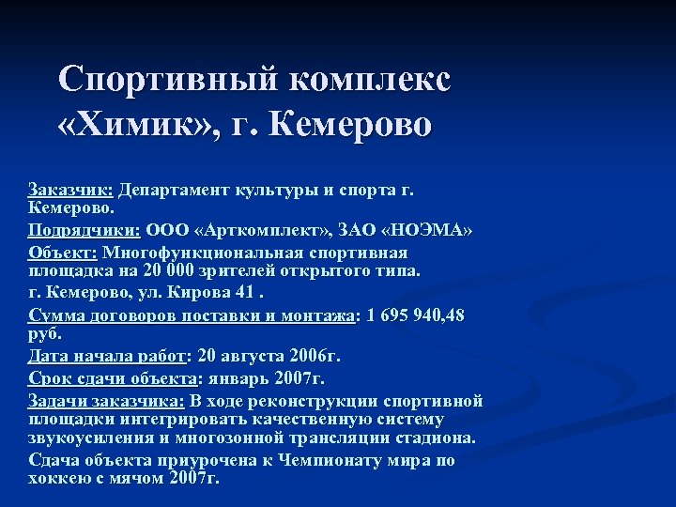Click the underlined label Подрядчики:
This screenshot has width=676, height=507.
point(83,231)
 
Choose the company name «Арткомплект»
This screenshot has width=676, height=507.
point(250,231)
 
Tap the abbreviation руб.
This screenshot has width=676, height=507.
point(44,332)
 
